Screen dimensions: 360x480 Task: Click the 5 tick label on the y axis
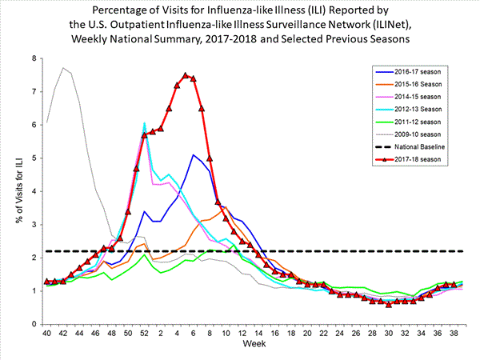(33, 158)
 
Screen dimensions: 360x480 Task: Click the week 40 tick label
(47, 334)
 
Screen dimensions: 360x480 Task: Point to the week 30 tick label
(388, 334)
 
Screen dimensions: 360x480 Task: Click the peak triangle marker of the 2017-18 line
(185, 75)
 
